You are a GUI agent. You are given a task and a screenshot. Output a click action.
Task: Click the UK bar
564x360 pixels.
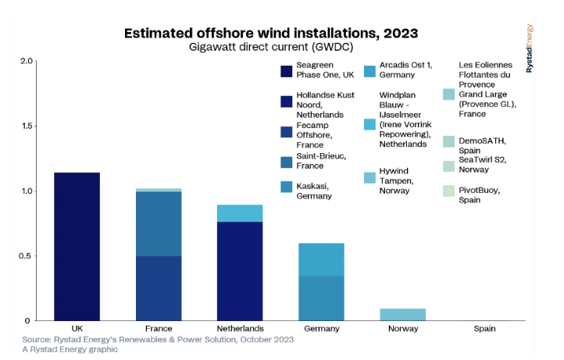(x=77, y=246)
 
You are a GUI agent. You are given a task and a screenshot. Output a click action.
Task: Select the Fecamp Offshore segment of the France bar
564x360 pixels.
(x=159, y=288)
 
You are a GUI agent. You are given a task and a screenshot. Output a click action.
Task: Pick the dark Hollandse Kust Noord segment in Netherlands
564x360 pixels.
(x=240, y=271)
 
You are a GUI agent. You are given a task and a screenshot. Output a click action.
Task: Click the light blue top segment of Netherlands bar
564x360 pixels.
(x=240, y=213)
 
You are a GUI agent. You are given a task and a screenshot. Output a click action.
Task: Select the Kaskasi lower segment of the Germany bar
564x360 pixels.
(x=321, y=298)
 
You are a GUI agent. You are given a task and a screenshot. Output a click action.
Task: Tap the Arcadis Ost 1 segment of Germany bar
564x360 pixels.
(x=321, y=259)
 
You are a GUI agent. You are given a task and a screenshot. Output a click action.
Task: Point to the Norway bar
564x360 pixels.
(x=402, y=315)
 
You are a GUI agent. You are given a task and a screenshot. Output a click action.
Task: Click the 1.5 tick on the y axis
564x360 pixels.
(x=26, y=127)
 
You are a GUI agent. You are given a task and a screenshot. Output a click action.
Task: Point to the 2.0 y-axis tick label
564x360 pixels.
(x=26, y=62)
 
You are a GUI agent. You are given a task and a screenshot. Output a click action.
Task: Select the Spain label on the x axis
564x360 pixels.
(x=484, y=329)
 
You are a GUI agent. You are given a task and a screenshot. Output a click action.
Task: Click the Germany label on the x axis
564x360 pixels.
(x=321, y=329)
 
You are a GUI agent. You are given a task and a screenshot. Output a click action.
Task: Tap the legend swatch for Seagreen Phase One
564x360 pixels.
(x=286, y=72)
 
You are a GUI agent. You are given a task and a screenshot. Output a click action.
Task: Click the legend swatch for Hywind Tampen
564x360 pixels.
(x=370, y=178)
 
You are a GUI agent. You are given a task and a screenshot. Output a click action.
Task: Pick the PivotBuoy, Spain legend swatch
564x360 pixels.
(x=448, y=190)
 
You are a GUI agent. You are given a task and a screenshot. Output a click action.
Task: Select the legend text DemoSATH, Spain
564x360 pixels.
(x=481, y=146)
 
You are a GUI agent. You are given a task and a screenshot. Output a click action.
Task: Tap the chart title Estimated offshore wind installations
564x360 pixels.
(x=271, y=33)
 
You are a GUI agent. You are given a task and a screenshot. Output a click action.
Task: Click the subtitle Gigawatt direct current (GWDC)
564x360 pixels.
(x=271, y=47)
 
